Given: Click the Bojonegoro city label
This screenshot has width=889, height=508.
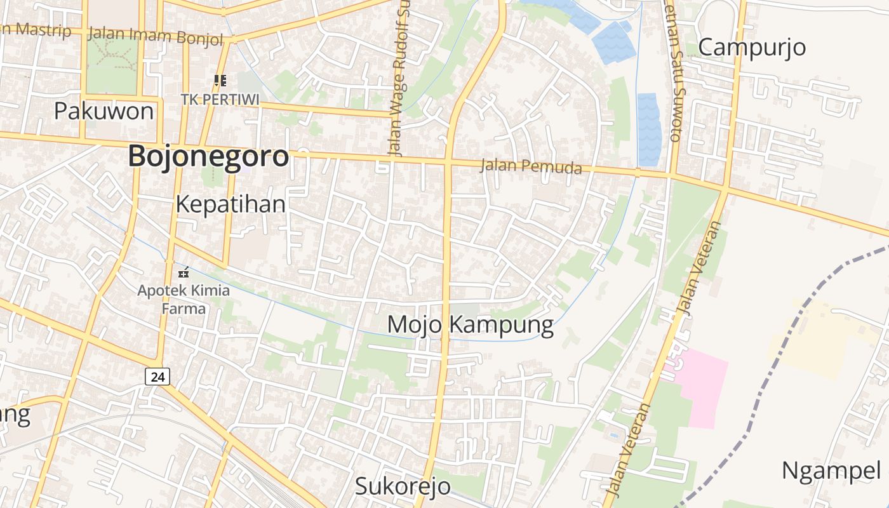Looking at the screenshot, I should pyautogui.click(x=208, y=156).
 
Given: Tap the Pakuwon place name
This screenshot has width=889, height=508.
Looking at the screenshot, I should pyautogui.click(x=104, y=111).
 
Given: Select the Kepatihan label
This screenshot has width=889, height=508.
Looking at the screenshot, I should pyautogui.click(x=231, y=204).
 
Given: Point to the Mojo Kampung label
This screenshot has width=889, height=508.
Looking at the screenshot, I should pyautogui.click(x=470, y=324).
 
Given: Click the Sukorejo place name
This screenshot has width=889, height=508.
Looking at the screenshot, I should pyautogui.click(x=403, y=486).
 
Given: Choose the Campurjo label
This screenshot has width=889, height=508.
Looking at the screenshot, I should pyautogui.click(x=752, y=47).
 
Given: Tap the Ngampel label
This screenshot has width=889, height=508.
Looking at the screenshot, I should pyautogui.click(x=831, y=471).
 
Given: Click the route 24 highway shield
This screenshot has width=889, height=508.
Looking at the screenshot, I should pyautogui.click(x=157, y=377).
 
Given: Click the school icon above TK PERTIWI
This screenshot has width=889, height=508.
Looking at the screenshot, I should pyautogui.click(x=220, y=81).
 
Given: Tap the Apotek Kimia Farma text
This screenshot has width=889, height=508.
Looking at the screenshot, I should pyautogui.click(x=184, y=300).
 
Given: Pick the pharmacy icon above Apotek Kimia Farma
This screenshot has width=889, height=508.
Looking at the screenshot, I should pyautogui.click(x=184, y=273).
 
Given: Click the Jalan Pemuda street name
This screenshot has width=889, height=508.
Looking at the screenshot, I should pyautogui.click(x=531, y=166).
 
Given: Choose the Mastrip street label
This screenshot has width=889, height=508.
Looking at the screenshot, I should pyautogui.click(x=38, y=29).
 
